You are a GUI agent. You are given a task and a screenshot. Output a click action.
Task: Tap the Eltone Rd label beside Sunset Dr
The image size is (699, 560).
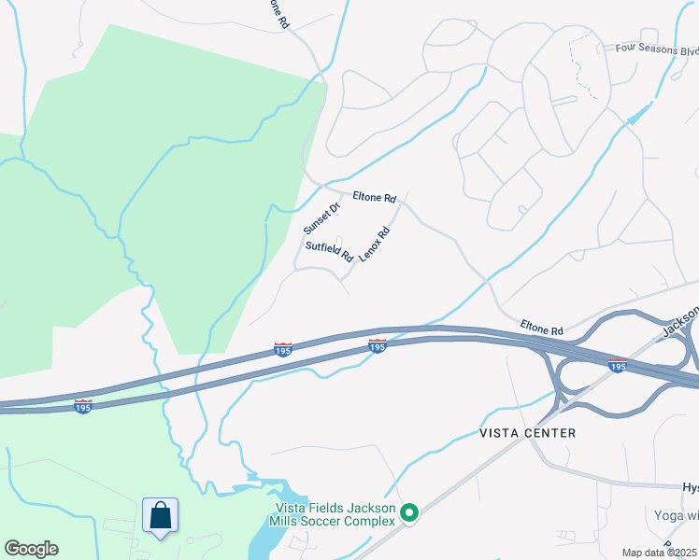pos(375,198)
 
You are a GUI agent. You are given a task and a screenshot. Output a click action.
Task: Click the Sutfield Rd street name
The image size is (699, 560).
pos(330,251)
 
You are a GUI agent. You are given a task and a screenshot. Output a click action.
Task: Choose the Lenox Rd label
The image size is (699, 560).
pos(374,245)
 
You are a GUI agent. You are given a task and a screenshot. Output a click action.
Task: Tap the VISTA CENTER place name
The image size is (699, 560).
pos(527,433)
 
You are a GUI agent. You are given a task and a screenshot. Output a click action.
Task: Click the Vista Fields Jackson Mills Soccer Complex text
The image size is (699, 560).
pos(335,514)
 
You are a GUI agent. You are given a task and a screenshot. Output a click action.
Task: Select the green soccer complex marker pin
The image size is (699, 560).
pos(408,512)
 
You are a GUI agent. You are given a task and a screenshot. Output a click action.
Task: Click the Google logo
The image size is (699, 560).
pos(31,549)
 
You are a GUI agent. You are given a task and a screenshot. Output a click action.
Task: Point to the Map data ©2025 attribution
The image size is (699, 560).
pos(658,553)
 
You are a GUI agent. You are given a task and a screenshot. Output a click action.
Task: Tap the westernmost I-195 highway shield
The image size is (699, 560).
pos(83,406)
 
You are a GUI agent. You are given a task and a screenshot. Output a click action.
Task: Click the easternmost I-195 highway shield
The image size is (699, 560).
pos(617,365)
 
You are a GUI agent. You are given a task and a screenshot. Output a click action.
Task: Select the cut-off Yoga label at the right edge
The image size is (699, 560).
pos(678,515)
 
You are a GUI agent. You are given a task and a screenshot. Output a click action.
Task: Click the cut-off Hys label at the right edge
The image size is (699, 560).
pos(690,488)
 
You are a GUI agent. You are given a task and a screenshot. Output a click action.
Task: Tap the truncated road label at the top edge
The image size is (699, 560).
pos(278,14)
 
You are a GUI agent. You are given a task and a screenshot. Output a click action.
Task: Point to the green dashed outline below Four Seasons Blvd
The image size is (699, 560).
pos(583,65)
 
